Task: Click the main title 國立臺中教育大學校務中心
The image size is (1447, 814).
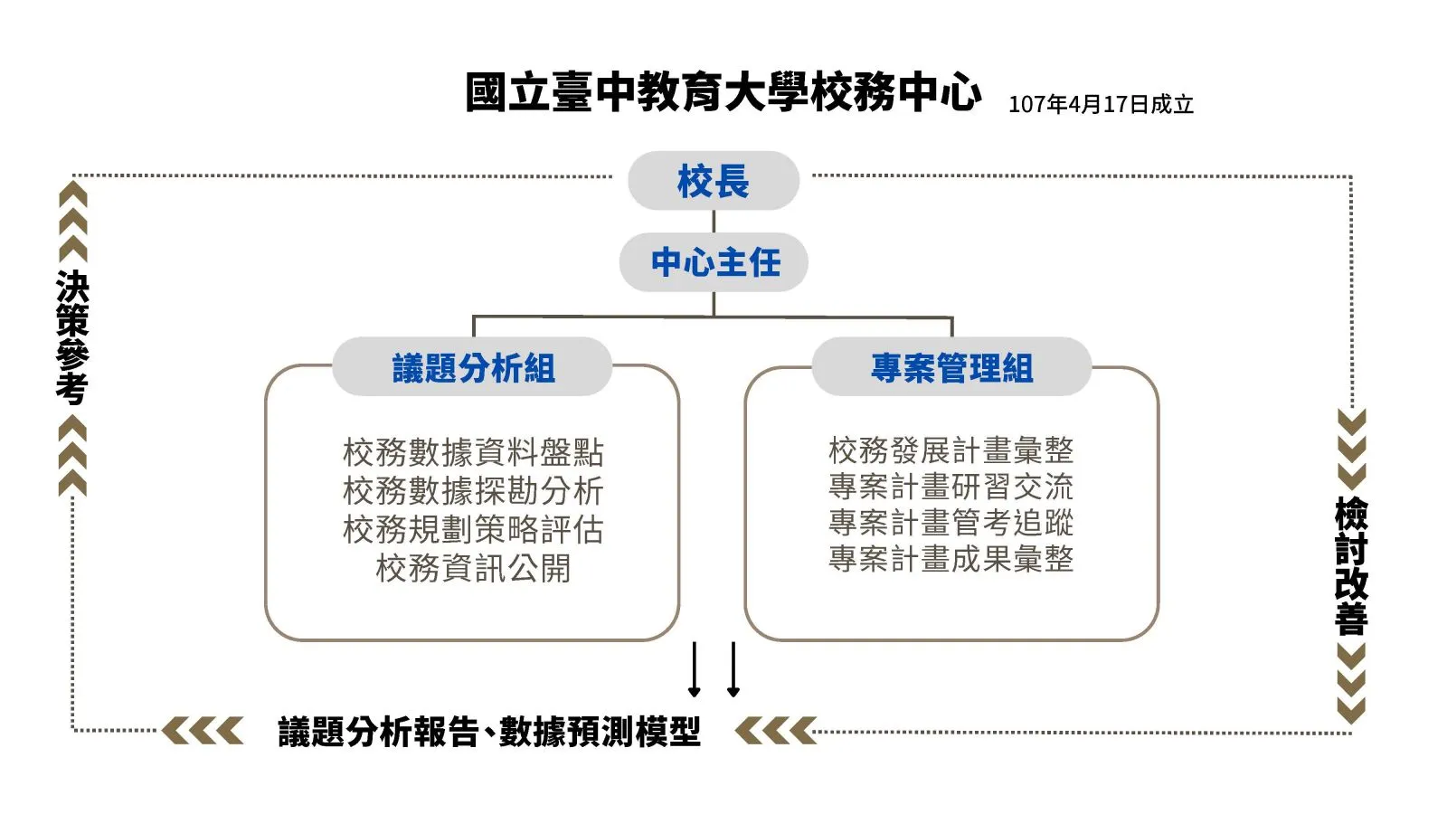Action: [723, 93]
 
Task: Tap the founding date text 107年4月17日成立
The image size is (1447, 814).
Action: [1101, 105]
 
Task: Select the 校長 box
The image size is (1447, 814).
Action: [714, 181]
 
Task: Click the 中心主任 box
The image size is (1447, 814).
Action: [714, 262]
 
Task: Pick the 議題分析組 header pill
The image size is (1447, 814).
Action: [473, 367]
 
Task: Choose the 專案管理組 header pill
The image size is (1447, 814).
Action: [951, 367]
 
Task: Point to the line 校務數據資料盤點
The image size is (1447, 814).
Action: [473, 452]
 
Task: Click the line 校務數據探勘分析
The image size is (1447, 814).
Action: [473, 491]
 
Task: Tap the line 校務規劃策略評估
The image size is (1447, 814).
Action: [473, 530]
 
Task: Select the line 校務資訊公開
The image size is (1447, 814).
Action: [473, 569]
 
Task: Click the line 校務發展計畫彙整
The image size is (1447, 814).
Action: [951, 450]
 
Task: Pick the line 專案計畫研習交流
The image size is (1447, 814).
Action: [951, 487]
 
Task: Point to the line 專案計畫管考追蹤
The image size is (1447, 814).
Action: [951, 523]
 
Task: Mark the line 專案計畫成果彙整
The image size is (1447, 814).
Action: [951, 559]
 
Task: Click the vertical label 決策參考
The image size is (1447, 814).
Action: [72, 337]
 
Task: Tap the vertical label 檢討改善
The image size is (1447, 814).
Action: [1351, 566]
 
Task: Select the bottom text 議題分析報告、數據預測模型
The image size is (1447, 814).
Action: [489, 732]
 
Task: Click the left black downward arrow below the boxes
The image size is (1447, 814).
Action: [695, 669]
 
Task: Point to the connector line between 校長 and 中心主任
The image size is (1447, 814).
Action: [714, 222]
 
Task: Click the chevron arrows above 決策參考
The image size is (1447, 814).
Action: [72, 221]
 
